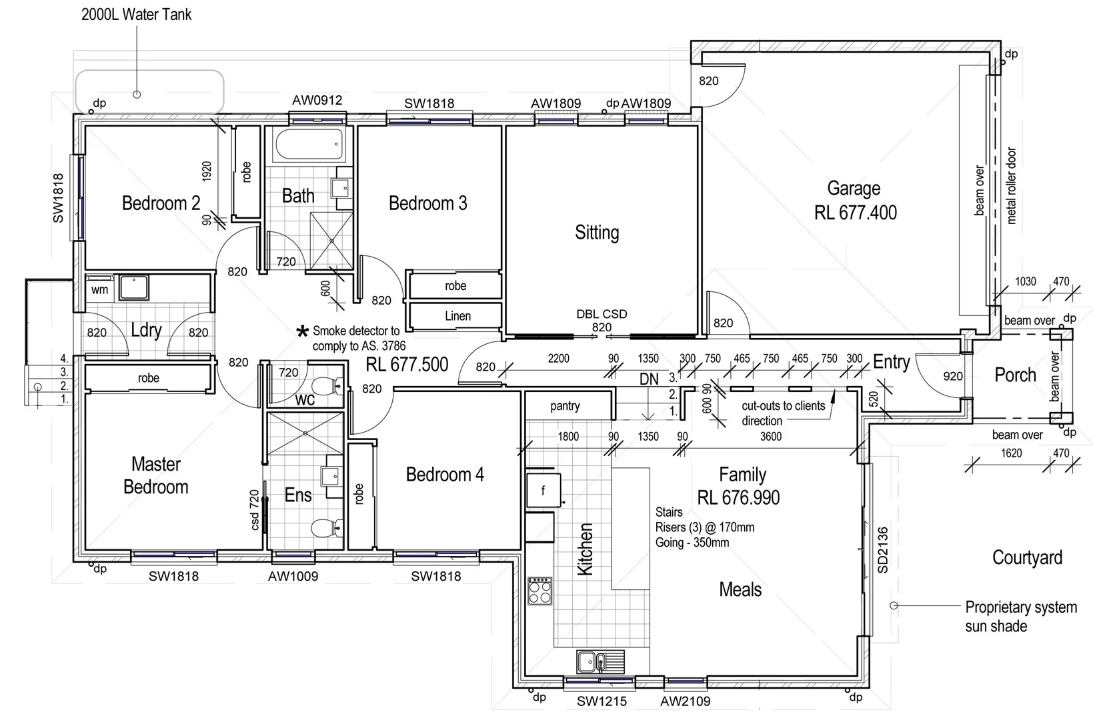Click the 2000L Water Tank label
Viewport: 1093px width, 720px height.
point(136,15)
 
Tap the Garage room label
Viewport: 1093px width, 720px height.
point(854,189)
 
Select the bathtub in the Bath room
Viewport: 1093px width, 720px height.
point(308,145)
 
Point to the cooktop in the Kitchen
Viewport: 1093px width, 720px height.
point(539,590)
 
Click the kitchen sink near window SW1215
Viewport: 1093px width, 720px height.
point(600,662)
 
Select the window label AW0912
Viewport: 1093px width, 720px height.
point(317,101)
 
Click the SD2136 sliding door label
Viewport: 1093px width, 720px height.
point(882,550)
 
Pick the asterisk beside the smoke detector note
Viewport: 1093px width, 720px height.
point(303,331)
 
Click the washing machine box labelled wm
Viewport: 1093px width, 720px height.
point(99,290)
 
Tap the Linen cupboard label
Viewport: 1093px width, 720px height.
point(457,316)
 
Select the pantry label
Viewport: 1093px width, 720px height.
point(565,406)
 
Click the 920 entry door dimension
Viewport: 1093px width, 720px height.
point(952,376)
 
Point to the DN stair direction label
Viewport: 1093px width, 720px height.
point(649,379)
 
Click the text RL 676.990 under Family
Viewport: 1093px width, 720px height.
point(738,497)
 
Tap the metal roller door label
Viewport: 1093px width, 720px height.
point(1012,185)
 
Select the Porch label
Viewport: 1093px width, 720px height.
point(1015,375)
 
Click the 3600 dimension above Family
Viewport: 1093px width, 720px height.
point(771,437)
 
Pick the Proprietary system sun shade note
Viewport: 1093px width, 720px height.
point(1020,617)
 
